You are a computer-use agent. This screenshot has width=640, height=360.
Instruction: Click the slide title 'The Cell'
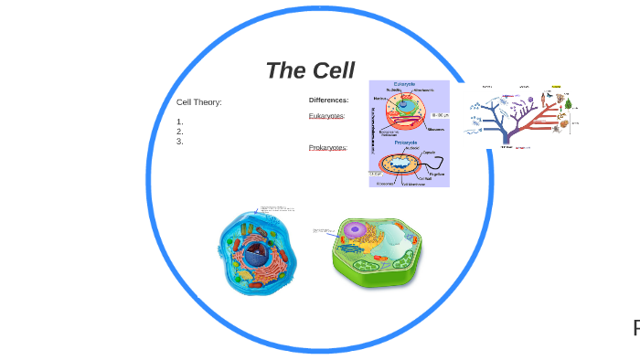(310, 70)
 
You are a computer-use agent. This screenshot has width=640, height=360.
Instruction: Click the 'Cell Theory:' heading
(198, 102)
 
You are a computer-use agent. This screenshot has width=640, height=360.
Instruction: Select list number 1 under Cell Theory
(180, 122)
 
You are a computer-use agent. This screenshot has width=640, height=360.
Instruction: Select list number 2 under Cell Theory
(180, 132)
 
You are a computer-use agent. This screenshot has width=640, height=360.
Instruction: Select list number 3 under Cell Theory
(180, 142)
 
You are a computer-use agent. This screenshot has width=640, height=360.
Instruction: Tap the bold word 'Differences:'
(328, 100)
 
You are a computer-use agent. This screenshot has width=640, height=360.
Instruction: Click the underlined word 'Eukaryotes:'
(326, 116)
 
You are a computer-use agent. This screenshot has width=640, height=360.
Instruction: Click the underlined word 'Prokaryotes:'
(327, 147)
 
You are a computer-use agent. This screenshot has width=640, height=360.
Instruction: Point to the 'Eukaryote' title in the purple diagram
(405, 84)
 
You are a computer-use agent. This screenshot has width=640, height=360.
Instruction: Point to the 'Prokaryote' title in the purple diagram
(407, 143)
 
